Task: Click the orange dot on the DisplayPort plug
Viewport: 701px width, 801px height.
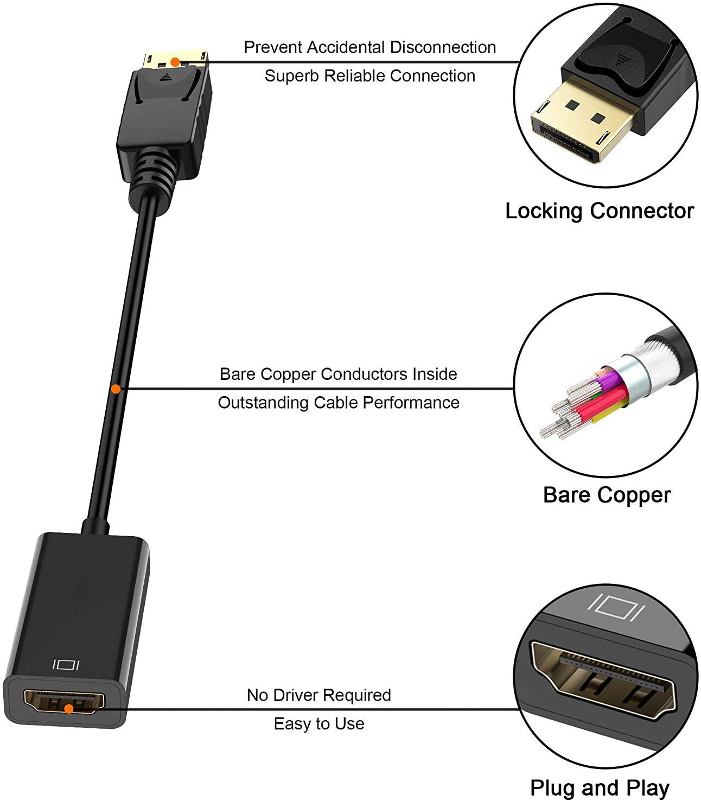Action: tap(175, 62)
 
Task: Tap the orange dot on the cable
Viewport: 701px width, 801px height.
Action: tap(116, 389)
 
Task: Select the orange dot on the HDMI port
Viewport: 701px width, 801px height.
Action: tap(69, 709)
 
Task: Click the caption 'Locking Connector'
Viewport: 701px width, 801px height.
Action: tap(599, 211)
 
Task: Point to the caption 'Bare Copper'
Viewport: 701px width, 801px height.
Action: tap(607, 495)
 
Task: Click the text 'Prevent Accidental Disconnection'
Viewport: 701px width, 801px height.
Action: tap(370, 47)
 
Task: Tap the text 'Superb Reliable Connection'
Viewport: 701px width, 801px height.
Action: tap(370, 76)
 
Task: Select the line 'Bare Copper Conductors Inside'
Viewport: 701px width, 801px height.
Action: tap(338, 374)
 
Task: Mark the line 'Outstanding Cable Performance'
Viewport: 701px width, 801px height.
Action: tap(339, 403)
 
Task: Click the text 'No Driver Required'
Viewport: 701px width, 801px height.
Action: tap(319, 695)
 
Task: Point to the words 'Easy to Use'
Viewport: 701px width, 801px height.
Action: tap(319, 724)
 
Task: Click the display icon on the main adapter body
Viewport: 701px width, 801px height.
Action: tap(66, 664)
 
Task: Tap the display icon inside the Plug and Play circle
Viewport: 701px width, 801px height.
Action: tap(616, 608)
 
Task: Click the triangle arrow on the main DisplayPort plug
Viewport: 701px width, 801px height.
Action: tap(166, 77)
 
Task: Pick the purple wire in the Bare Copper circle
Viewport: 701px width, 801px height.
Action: tap(609, 380)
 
